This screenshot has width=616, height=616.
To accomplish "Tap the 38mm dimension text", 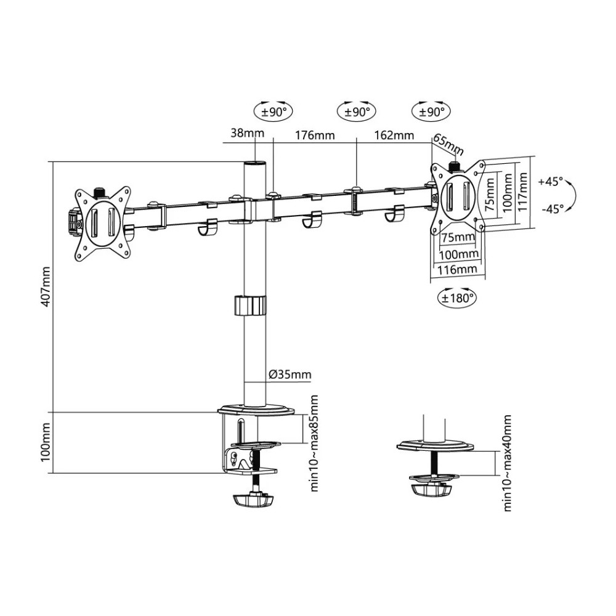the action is point(247,133).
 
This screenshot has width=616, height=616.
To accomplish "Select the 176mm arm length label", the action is point(315,135).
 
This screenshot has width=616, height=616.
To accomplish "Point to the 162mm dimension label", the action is point(394,135).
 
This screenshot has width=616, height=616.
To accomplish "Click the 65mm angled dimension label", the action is point(448,145).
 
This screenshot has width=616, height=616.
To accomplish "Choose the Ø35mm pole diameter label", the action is point(290,375).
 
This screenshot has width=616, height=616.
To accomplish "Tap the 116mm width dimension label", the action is point(457,269).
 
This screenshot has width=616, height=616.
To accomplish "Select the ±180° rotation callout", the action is point(456,298).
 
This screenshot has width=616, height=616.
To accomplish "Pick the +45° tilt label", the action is point(551,182).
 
